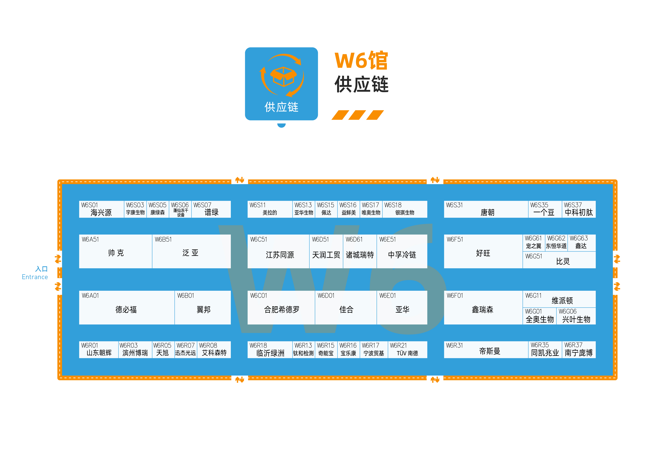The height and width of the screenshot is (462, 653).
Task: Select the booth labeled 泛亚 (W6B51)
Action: (191, 251)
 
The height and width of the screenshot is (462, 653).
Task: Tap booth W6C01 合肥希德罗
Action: (281, 307)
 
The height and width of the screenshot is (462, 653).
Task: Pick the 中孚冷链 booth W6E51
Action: (402, 251)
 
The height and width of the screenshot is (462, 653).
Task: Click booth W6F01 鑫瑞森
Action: (483, 307)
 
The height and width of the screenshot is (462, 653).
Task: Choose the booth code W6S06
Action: (180, 205)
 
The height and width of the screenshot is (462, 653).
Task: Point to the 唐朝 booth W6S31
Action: (486, 209)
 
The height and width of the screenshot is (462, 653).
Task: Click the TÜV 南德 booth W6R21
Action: (407, 350)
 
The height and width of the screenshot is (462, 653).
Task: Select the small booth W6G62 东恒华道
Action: (556, 243)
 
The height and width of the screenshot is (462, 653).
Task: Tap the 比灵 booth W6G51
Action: (559, 260)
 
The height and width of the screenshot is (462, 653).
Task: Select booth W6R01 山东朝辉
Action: (99, 350)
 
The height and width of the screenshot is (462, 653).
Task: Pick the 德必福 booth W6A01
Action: (127, 307)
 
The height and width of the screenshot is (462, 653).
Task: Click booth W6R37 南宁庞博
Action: (579, 350)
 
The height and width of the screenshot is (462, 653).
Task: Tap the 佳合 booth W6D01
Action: (346, 307)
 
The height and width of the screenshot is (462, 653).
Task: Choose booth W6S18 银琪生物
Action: (405, 209)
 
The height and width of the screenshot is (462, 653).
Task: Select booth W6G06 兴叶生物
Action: (576, 316)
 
